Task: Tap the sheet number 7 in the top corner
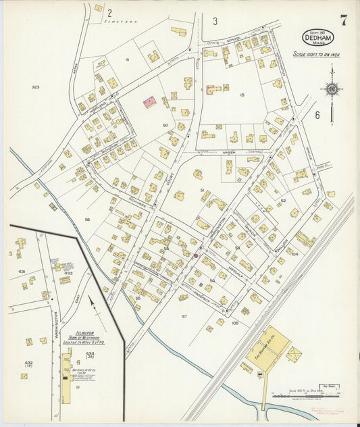344,20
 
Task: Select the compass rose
331,89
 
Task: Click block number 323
36,87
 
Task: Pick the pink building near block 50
150,103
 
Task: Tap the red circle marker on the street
197,255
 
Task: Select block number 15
241,95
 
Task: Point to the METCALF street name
241,253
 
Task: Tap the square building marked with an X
294,353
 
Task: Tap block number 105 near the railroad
235,324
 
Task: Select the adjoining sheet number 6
317,115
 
